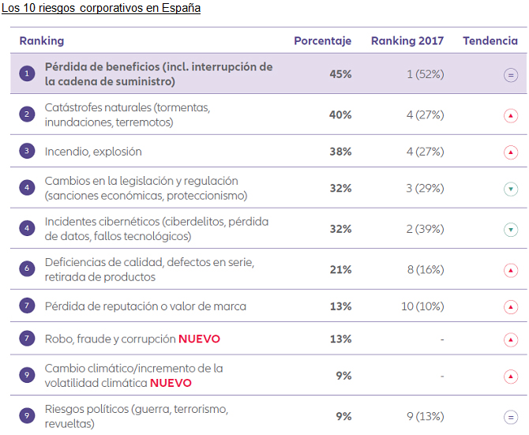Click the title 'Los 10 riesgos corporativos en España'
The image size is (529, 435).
(100, 9)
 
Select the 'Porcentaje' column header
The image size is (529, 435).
(322, 41)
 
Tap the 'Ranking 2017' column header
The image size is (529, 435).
(407, 41)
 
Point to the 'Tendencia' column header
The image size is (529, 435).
(490, 41)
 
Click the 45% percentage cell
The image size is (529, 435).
(340, 74)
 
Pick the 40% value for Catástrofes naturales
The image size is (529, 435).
(340, 114)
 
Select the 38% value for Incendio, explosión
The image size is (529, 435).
(340, 152)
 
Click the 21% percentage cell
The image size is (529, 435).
(340, 270)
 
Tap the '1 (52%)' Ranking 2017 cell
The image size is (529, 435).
(426, 74)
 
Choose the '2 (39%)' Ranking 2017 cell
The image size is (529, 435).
(425, 229)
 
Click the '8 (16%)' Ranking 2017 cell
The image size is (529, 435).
(426, 270)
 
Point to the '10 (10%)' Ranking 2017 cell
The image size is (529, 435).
(422, 306)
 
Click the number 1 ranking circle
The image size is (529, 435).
(28, 74)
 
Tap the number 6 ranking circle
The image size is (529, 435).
(28, 269)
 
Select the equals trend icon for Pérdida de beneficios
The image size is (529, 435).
(511, 75)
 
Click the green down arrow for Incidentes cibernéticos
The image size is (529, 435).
(511, 230)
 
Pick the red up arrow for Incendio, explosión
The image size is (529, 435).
(511, 152)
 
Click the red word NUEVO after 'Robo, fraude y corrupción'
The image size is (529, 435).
(199, 339)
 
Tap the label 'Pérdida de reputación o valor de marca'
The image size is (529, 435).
(145, 306)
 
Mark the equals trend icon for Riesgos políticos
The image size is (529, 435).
(511, 417)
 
